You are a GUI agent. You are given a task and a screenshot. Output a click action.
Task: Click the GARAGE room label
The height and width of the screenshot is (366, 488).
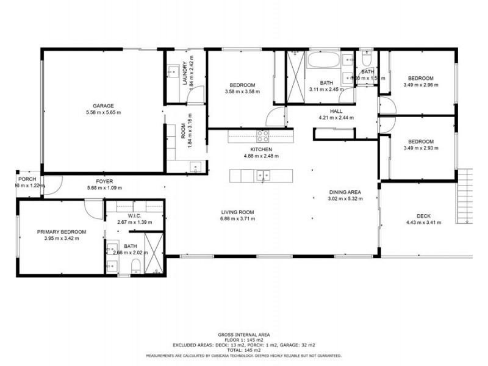coord(103,106)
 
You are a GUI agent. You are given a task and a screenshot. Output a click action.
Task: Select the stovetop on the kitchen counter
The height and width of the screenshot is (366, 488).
coord(263,135)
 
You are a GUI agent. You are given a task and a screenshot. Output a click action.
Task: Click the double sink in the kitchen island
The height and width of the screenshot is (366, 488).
coord(263,176)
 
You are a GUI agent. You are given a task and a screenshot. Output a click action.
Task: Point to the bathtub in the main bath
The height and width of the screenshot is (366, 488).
coord(325,62)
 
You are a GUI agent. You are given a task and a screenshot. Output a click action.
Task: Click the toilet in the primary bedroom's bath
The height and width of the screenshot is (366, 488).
coord(137,265)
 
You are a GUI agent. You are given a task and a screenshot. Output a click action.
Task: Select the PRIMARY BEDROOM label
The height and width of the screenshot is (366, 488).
coord(62,232)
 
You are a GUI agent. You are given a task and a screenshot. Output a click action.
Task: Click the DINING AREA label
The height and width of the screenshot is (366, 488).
coord(345,192)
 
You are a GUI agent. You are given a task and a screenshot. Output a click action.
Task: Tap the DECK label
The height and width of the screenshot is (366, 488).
coord(423,215)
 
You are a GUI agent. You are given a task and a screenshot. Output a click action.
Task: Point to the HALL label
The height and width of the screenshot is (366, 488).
coord(336,111)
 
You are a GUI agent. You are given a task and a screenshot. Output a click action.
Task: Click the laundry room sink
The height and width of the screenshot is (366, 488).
coord(170,71)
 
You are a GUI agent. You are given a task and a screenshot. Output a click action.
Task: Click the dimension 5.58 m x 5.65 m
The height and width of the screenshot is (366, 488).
coord(103,113)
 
